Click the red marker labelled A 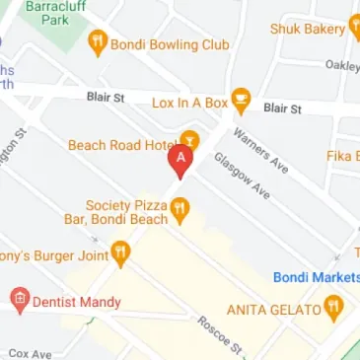coord(180,160)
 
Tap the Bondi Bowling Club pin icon coord(97,43)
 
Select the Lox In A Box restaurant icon coord(241,101)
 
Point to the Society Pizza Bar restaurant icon coord(179,209)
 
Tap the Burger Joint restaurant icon coord(120,254)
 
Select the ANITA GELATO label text coord(273,310)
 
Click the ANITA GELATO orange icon coord(333,310)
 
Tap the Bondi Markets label coord(316,277)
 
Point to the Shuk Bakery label coord(308,29)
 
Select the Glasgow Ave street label coord(242,176)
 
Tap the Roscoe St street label coord(219,335)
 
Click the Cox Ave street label coord(30,352)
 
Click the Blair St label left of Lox coord(105,99)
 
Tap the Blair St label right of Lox coord(282,108)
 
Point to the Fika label coord(343,156)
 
